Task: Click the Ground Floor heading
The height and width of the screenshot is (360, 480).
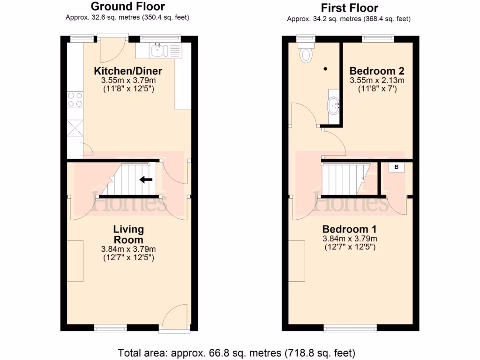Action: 127,7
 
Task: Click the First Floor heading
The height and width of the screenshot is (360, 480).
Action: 349,8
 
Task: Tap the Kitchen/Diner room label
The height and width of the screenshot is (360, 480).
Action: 128,71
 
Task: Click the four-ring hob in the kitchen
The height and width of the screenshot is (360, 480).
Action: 75,100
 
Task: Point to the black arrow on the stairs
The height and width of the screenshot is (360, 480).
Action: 146,179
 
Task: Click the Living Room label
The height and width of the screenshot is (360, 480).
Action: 128,234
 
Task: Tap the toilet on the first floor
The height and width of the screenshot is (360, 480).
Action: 307,53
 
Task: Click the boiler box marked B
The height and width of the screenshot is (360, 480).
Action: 396,167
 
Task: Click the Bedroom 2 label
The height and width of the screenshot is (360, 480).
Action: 377,71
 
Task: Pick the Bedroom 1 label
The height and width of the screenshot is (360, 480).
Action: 349,229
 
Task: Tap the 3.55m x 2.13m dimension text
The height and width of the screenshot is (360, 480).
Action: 377,81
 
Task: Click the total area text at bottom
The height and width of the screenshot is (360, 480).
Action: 236,352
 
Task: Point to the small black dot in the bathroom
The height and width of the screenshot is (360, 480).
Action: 325,69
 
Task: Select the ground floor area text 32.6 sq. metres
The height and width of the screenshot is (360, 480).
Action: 127,17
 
